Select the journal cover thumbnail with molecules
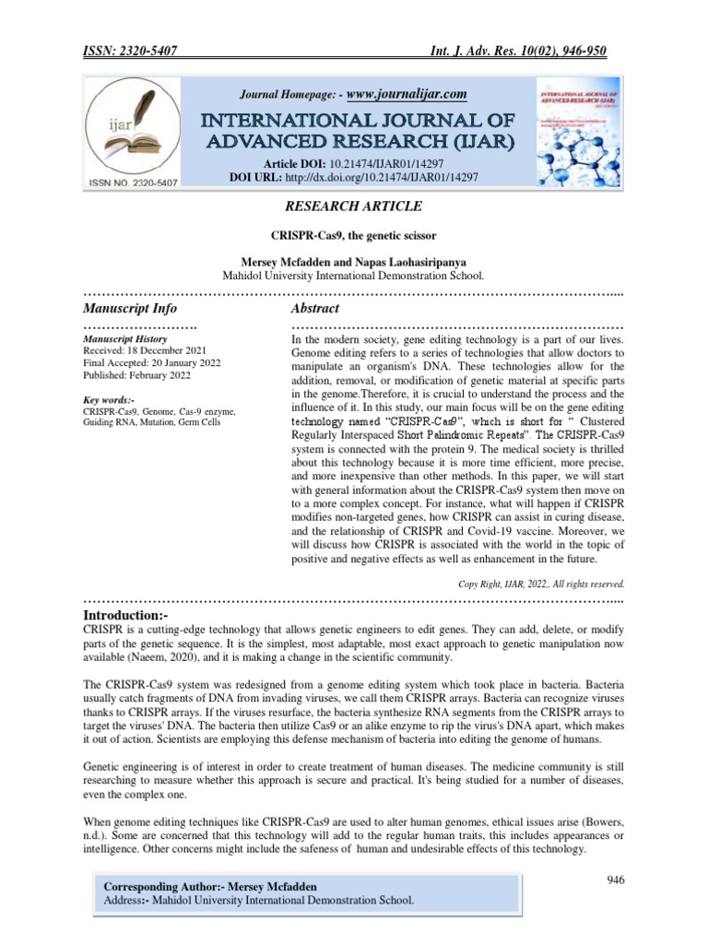(575, 134)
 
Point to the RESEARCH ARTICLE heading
(354, 206)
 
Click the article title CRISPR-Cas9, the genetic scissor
(354, 235)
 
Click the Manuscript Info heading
(130, 308)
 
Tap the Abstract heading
(314, 308)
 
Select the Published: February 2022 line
(136, 375)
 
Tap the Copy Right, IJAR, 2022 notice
(541, 584)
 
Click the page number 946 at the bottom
(616, 880)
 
